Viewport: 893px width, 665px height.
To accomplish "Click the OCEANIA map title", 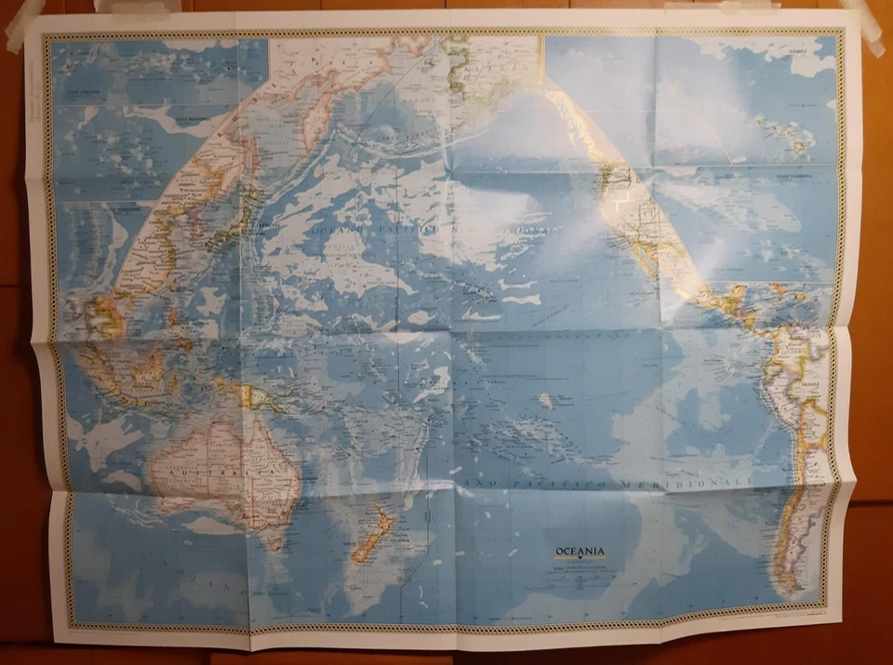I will coord(579,552).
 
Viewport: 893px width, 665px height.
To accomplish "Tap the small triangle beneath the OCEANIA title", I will coord(579,562).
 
